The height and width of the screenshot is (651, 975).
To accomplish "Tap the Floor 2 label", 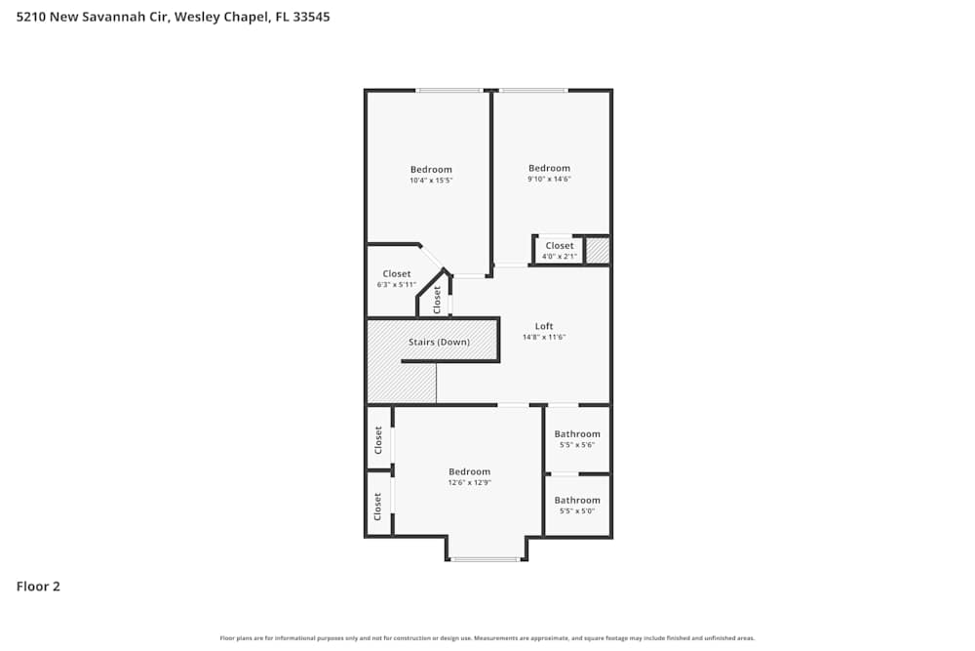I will (38, 587).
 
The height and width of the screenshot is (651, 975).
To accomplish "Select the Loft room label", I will (544, 326).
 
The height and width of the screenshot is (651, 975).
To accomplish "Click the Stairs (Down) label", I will (439, 343).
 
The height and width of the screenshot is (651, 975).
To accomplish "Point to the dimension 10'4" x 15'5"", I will (431, 181).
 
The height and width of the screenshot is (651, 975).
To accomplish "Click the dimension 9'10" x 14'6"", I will (549, 179).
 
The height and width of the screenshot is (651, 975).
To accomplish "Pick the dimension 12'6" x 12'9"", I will (469, 482).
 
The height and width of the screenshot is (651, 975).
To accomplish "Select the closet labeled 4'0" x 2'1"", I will (560, 257).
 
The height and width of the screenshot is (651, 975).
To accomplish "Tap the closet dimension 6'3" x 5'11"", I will (397, 285).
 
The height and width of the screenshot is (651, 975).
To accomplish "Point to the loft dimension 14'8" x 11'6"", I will (544, 337).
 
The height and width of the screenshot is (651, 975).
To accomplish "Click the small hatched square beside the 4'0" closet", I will (597, 251).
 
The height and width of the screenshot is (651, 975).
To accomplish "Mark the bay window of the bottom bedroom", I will (486, 559).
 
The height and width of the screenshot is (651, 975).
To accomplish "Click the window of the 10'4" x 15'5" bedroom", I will (448, 91).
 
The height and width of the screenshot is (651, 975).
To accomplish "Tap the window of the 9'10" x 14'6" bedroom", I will (533, 91).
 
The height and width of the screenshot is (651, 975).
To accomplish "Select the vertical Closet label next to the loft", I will (438, 300).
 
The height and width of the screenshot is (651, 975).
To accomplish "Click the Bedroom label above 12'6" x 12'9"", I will (469, 472).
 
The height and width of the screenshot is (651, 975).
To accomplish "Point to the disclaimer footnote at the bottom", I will (487, 638).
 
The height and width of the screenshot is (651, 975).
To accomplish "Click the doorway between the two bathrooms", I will (564, 474).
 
